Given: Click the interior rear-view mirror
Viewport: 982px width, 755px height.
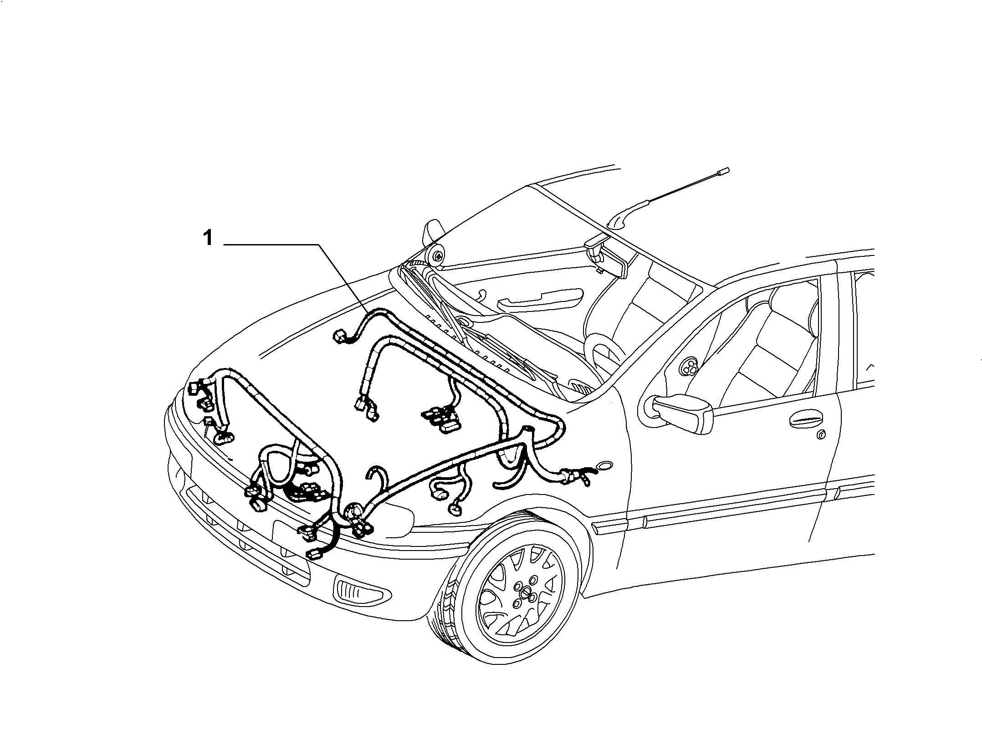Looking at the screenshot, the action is [605, 258].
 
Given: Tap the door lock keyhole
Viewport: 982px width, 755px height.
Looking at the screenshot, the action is [822, 435].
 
